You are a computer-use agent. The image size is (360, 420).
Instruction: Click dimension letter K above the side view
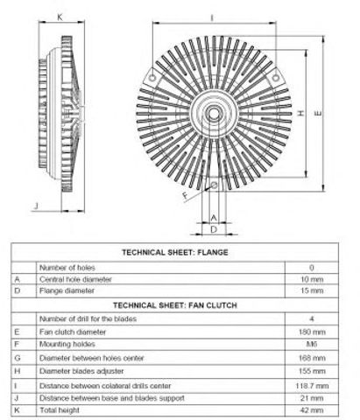(x=60, y=17)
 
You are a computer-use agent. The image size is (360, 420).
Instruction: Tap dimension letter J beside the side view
(x=36, y=206)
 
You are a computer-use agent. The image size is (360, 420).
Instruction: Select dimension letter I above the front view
(x=212, y=18)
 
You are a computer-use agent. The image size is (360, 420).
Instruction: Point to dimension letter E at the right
(x=318, y=113)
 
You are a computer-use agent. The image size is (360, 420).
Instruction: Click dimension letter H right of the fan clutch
(x=300, y=113)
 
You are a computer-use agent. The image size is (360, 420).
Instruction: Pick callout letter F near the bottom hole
(x=186, y=195)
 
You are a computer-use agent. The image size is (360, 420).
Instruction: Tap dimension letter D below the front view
(x=214, y=229)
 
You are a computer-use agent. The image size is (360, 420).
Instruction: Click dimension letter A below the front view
(x=214, y=218)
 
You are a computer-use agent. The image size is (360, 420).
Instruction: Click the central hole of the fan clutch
(x=214, y=114)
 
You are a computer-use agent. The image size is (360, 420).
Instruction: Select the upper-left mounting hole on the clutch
(x=152, y=78)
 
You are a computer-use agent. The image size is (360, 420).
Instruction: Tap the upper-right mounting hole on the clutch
(x=275, y=78)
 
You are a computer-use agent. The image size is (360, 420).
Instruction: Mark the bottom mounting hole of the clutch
(x=214, y=185)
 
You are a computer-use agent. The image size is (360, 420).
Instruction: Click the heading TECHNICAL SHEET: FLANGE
(x=175, y=252)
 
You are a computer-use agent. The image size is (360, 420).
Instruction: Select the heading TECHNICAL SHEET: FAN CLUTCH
(x=175, y=305)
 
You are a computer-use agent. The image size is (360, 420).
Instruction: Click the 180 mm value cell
(x=312, y=332)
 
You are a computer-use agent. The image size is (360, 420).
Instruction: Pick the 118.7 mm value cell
(x=312, y=386)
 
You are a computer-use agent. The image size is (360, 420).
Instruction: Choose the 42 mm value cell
(x=312, y=410)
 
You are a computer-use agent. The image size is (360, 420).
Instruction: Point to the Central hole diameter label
(x=75, y=279)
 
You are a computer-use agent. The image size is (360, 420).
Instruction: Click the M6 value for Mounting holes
(x=312, y=344)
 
